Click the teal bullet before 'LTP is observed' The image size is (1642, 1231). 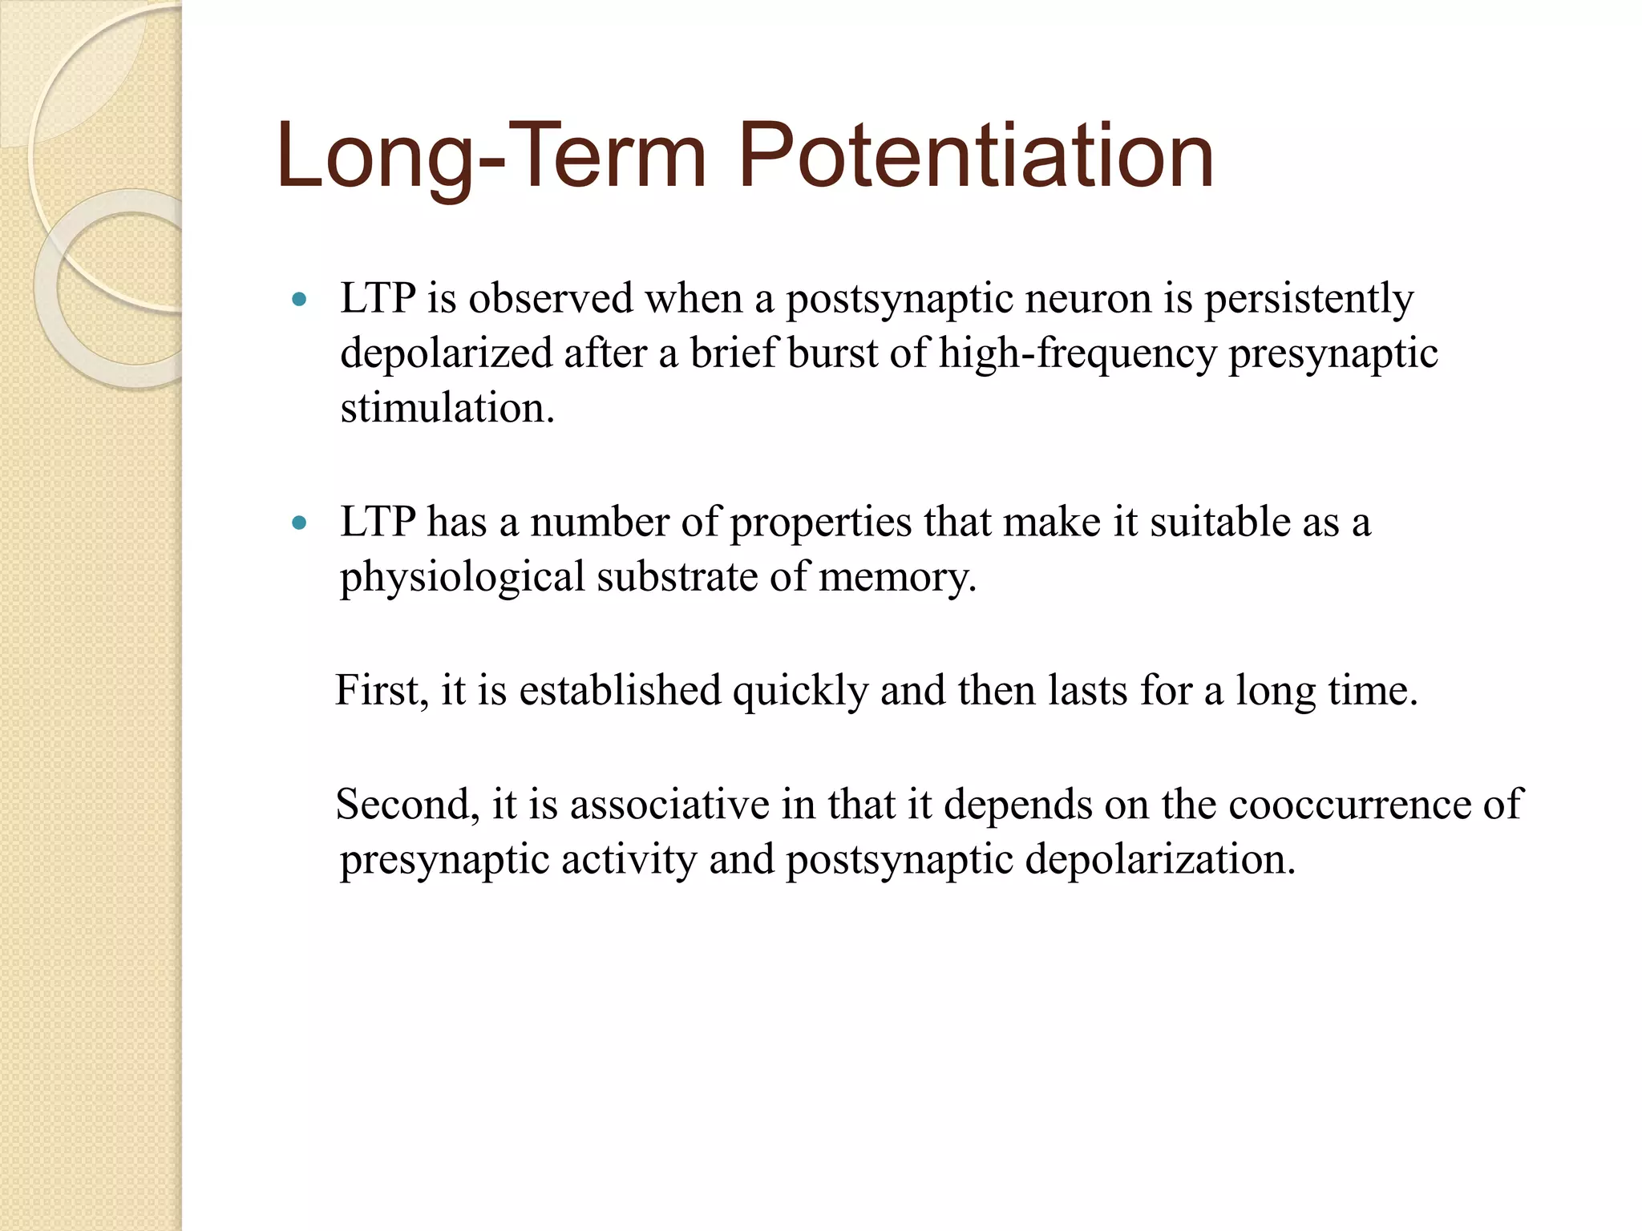(x=300, y=301)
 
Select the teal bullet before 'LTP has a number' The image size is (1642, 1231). (x=300, y=524)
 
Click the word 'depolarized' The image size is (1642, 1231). (x=447, y=353)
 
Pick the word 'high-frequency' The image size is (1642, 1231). (x=1078, y=353)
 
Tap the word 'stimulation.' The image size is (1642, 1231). (x=447, y=408)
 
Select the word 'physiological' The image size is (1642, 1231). (x=463, y=578)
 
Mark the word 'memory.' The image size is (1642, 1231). (x=898, y=578)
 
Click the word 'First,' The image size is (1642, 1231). (x=382, y=691)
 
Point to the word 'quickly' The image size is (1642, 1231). (x=800, y=691)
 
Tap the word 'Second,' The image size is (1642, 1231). (x=407, y=805)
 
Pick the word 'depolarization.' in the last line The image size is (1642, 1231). (x=1160, y=860)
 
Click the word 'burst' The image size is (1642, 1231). (x=832, y=353)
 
